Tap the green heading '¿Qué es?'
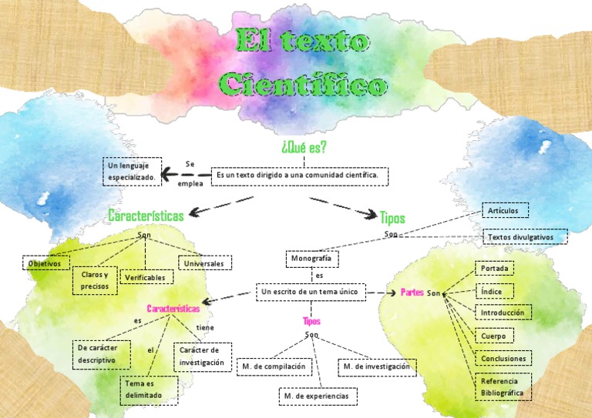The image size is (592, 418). click(304, 147)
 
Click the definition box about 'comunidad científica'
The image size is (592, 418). click(299, 176)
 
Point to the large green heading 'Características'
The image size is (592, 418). click(146, 216)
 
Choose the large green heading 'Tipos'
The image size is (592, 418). click(392, 218)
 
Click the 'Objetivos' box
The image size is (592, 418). click(45, 263)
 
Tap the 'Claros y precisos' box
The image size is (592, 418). click(96, 281)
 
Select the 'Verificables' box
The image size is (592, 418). click(146, 277)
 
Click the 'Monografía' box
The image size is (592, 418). click(312, 259)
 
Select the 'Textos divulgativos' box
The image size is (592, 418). click(525, 237)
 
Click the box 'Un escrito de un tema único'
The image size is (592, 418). click(310, 293)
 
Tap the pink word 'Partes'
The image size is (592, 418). click(412, 293)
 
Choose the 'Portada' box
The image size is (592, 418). click(493, 269)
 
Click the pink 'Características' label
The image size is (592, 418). click(173, 309)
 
